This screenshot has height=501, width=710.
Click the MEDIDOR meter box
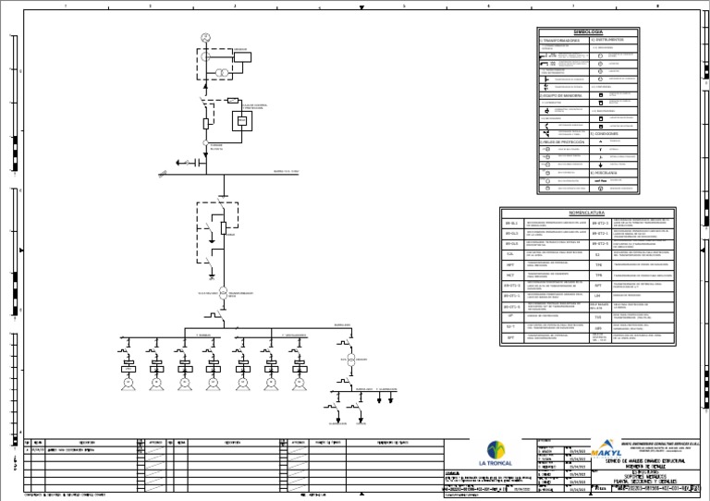242,56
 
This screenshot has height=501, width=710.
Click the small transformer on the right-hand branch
349,360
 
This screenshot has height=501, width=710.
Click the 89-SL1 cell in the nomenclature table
511,224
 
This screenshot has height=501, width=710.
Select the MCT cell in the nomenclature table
510,275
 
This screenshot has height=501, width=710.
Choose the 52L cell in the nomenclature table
510,254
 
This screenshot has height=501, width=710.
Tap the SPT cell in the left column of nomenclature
510,264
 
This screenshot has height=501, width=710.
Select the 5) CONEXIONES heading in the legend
605,133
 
